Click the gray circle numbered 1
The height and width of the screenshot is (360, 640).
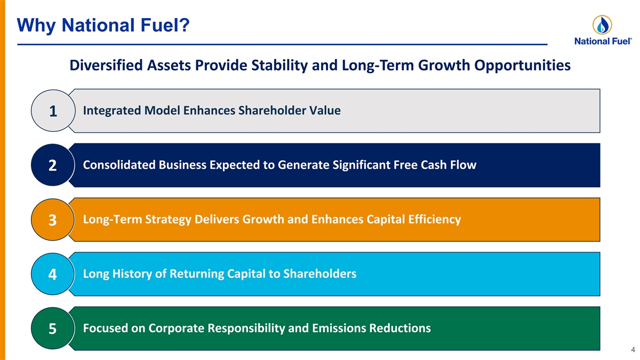tap(53, 110)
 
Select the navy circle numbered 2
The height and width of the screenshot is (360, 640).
tap(53, 165)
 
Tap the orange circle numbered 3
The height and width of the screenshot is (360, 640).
tap(53, 219)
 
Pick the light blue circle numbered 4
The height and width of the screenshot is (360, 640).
tap(53, 274)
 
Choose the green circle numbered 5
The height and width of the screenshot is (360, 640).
tap(53, 329)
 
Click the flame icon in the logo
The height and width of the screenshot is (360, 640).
tap(602, 25)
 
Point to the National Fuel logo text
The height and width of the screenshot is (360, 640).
tap(603, 42)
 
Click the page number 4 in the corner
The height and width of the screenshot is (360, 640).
tap(633, 350)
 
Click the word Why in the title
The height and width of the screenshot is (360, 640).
tap(36, 26)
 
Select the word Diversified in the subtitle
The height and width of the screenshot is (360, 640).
tap(106, 65)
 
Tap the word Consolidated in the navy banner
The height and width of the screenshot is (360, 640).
tap(119, 165)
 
